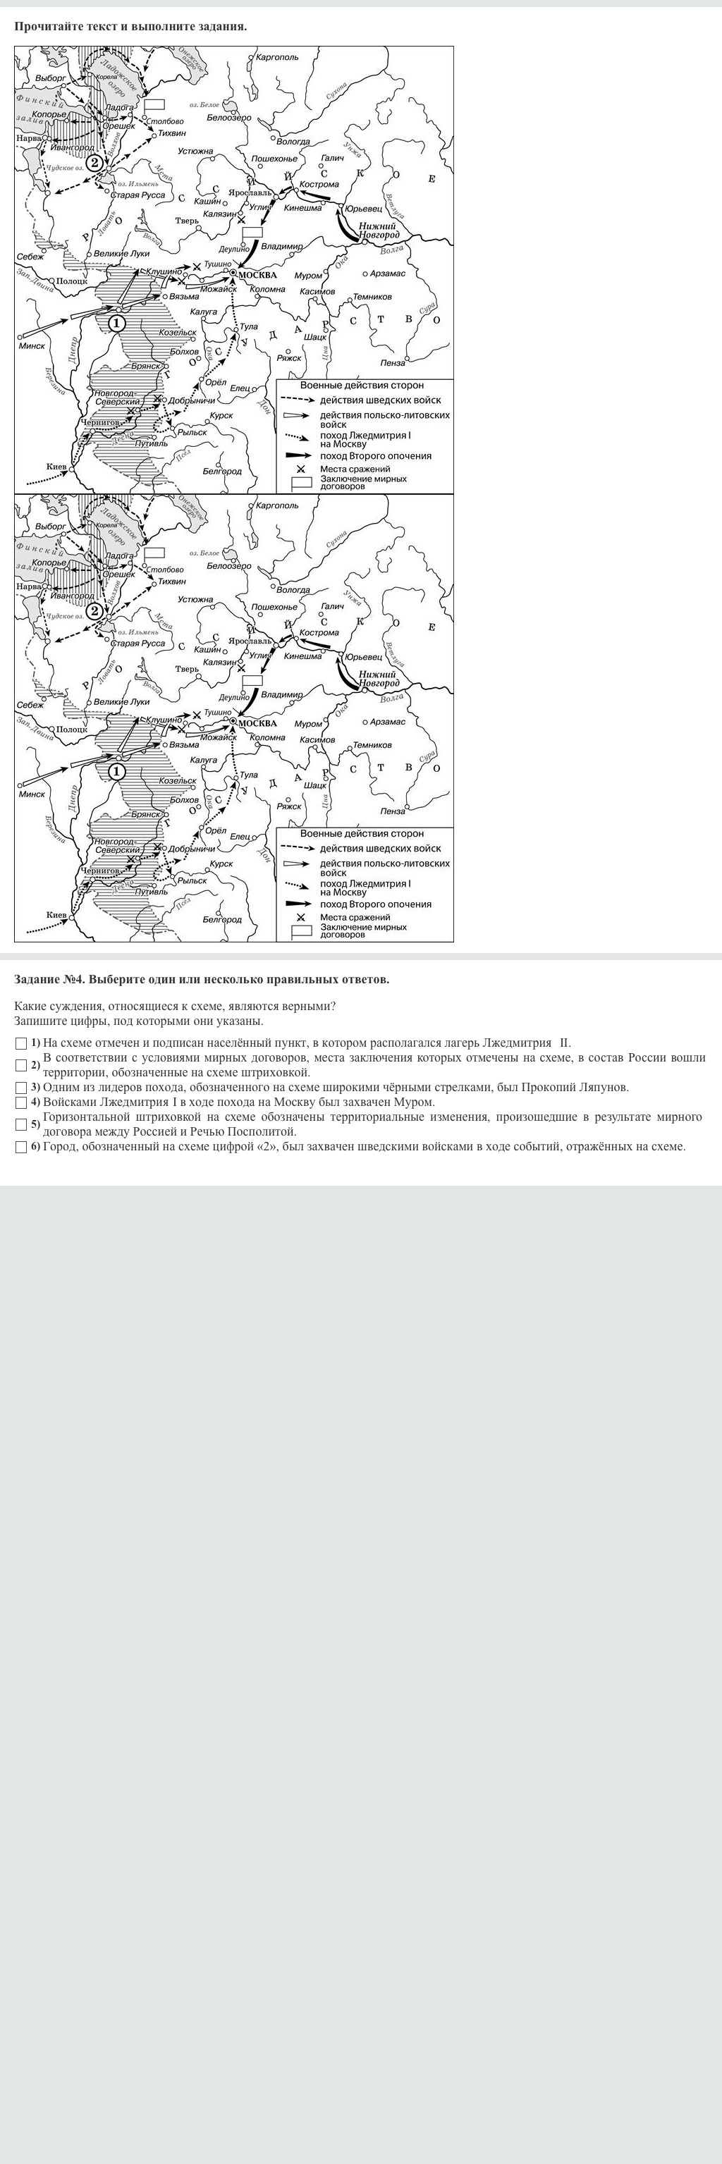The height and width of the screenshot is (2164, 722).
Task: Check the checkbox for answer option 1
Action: point(21,1043)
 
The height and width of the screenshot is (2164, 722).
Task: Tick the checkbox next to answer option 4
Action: point(21,1102)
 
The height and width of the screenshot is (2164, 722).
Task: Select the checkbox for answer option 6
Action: point(21,1147)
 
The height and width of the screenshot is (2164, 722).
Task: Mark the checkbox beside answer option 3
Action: point(21,1087)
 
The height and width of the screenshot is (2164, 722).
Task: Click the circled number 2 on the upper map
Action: point(94,163)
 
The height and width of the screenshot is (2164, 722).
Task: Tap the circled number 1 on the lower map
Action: point(116,771)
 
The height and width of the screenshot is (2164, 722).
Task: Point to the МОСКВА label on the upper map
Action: point(257,275)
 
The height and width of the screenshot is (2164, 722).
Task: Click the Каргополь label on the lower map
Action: point(276,505)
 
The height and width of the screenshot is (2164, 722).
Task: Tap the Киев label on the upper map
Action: point(56,466)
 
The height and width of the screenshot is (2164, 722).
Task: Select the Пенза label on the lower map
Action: point(393,811)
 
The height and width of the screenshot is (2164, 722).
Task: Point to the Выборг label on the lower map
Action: point(51,527)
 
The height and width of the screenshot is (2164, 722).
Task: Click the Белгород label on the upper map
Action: point(222,472)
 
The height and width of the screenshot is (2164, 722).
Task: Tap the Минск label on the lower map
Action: point(32,794)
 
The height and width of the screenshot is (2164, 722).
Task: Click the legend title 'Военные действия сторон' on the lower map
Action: point(362,833)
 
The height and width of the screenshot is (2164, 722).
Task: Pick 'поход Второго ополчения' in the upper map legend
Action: point(375,456)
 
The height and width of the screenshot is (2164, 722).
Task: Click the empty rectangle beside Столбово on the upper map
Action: point(154,105)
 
